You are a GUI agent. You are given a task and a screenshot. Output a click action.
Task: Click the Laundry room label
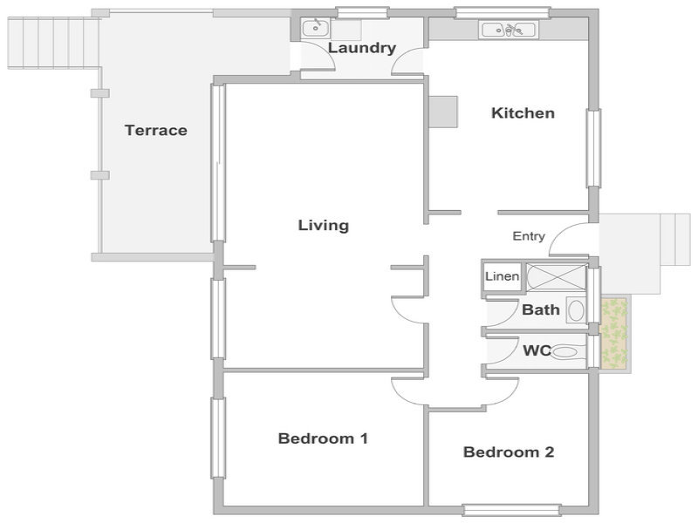(362, 48)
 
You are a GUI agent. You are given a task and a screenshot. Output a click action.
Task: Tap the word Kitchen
(523, 113)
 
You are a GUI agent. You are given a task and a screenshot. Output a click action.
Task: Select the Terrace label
(156, 130)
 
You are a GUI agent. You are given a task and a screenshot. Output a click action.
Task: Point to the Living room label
(324, 226)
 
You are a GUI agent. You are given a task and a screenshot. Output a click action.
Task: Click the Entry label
(529, 236)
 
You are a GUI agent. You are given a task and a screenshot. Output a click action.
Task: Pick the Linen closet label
(503, 276)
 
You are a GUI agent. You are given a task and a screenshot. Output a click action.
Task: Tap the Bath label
(541, 309)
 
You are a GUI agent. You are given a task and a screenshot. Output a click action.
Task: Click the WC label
(537, 350)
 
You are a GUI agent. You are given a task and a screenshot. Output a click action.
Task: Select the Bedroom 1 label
(323, 438)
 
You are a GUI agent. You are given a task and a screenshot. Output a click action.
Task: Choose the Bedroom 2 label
(509, 452)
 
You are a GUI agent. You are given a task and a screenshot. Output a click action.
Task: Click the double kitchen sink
(509, 30)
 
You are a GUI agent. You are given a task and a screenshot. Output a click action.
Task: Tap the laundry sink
(316, 29)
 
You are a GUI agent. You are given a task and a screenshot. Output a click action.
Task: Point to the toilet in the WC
(564, 352)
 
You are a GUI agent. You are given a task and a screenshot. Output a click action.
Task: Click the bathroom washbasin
(576, 310)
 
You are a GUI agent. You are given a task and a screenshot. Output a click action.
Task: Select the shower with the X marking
(556, 277)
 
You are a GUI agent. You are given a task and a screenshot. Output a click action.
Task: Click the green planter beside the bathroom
(615, 334)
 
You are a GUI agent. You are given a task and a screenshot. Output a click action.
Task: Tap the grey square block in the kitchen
(443, 112)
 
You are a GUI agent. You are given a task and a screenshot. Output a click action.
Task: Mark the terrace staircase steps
(53, 43)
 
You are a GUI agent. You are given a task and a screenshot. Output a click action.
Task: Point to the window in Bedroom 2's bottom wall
(511, 510)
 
